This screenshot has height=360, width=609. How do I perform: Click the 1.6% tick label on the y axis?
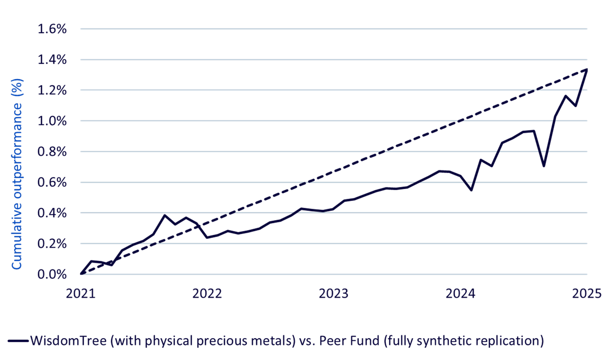coord(52,29)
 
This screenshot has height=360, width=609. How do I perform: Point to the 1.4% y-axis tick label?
coord(52,60)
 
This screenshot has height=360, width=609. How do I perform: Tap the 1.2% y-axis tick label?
coord(52,91)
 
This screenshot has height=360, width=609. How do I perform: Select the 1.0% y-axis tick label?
coord(52,121)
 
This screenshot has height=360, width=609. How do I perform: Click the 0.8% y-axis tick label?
coord(52,152)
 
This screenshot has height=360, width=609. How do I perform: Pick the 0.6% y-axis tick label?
coord(52,183)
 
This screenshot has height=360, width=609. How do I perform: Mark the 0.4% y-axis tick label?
coord(52,213)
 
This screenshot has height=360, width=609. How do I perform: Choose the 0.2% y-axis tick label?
coord(52,244)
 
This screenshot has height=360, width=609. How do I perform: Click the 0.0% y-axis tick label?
coord(52,274)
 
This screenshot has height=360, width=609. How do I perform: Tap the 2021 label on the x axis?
coord(81,294)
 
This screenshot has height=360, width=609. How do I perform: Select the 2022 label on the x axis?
coord(207,294)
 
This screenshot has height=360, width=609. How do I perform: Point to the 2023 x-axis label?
coord(334,294)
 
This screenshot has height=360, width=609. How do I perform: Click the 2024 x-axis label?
coord(461,294)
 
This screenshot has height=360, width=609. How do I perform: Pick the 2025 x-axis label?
coord(587,294)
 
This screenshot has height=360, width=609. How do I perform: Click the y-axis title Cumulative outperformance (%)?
coord(18,174)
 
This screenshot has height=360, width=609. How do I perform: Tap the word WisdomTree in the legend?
coord(69,340)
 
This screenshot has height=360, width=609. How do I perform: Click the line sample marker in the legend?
coord(16,341)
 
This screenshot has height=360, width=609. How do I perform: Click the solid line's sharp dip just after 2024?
coord(471,189)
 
